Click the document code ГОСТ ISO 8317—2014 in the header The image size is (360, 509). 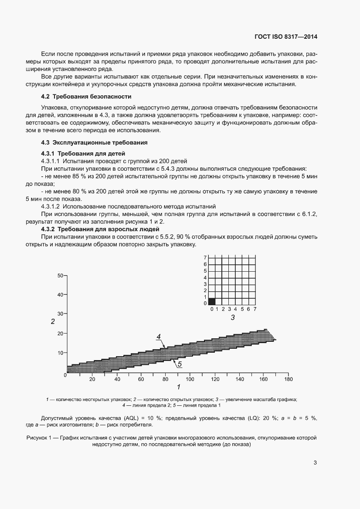(285, 37)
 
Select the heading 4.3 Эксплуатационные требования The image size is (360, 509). (94, 142)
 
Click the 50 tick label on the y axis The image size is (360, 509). (60, 276)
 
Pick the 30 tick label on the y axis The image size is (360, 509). (60, 314)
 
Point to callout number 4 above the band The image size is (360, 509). (159, 336)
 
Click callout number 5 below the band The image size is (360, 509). (179, 363)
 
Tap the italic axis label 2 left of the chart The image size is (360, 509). (52, 322)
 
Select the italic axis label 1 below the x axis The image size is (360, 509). (178, 387)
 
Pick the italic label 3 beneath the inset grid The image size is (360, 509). (232, 318)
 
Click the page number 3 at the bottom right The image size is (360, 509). (315, 463)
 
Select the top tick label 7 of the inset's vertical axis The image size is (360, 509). (205, 258)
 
